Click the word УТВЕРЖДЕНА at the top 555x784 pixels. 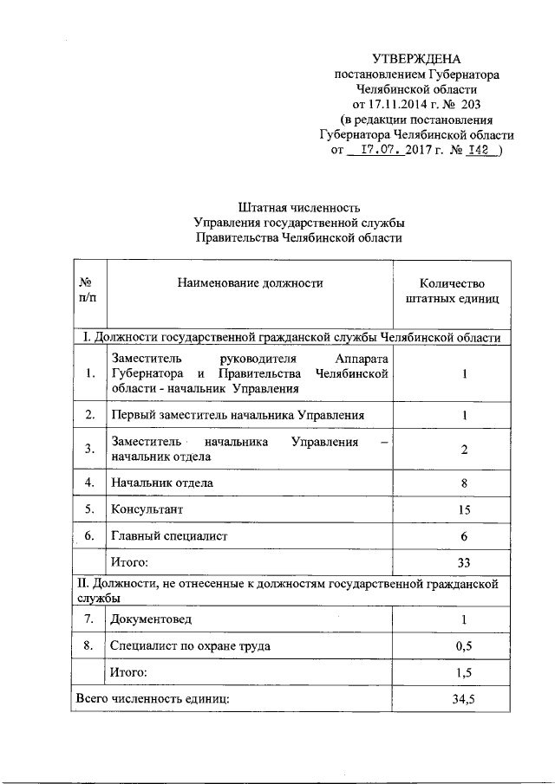[417, 60]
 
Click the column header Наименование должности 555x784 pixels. [250, 283]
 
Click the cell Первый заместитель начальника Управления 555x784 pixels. [238, 416]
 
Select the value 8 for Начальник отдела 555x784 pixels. [465, 483]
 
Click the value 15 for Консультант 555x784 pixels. [465, 509]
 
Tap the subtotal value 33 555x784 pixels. [465, 563]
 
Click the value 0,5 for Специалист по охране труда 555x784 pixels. [465, 646]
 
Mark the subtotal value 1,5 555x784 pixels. [465, 672]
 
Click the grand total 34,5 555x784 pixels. [465, 698]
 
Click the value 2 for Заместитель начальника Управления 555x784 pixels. [465, 449]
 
